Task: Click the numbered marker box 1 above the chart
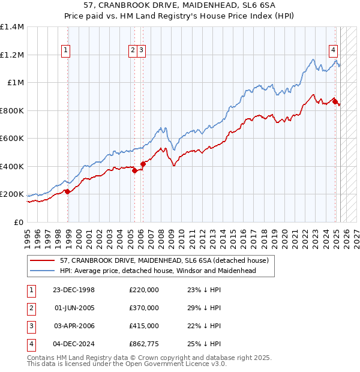pos(65,51)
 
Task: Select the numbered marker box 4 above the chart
pos(332,51)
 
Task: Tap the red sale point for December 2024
pos(335,101)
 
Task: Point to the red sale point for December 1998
pos(68,192)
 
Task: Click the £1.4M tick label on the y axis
pos(12,28)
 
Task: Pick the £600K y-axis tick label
pos(12,139)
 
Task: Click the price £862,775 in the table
pos(144,344)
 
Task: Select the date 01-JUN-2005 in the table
pos(74,308)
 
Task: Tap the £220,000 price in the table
pos(144,290)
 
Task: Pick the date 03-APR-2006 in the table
pos(74,326)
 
